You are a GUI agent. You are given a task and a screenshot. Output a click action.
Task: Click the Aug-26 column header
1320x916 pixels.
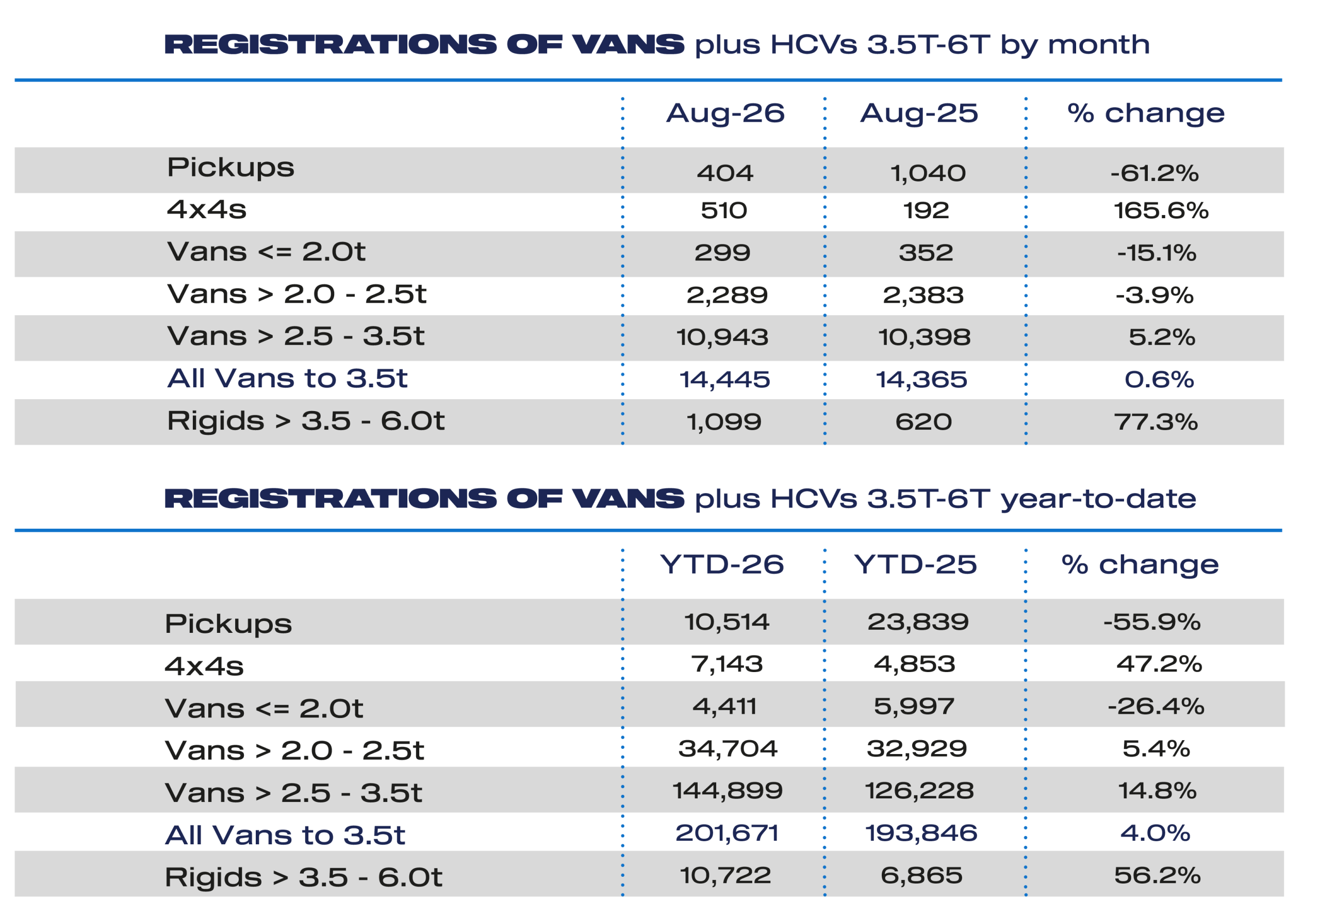[725, 113]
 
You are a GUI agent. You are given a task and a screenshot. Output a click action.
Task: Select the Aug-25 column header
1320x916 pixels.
[919, 113]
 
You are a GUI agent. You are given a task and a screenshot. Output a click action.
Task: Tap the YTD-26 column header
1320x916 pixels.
[722, 565]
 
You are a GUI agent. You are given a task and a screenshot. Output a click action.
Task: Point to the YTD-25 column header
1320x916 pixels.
[916, 565]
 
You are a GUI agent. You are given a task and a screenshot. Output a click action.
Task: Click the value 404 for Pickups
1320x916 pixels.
[725, 173]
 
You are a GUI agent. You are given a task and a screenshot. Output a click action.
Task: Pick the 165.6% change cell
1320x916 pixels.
[1161, 210]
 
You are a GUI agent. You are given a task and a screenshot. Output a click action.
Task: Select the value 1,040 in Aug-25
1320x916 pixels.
[928, 173]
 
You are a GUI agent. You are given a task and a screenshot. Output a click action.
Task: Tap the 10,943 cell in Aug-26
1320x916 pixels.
[722, 337]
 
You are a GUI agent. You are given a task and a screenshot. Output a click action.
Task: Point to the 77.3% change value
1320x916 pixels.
[1156, 422]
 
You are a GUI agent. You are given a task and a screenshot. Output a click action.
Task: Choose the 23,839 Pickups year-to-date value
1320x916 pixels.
[918, 622]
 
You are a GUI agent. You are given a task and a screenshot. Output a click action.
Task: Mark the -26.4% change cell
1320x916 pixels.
[1156, 707]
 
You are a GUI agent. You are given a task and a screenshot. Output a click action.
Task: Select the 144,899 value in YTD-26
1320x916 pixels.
[728, 791]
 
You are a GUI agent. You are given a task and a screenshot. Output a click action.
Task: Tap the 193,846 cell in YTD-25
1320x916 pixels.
[921, 833]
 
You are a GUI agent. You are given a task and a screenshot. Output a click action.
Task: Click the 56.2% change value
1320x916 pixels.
[1157, 876]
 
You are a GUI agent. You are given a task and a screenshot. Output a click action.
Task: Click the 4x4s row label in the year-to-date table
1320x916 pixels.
[204, 666]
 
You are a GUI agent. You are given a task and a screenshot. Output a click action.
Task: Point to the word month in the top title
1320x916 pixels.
[1099, 45]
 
